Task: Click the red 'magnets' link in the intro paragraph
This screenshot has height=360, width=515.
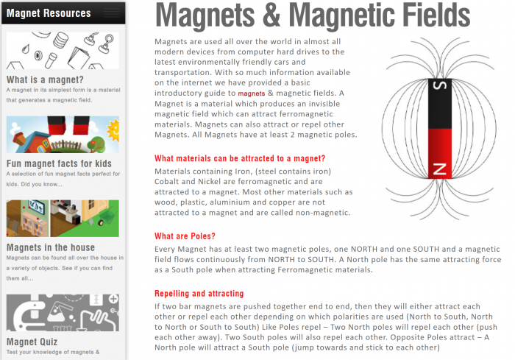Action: click(x=252, y=93)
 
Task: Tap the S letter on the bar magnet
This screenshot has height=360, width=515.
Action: click(x=440, y=85)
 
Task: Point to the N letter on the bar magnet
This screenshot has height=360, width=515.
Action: click(x=440, y=169)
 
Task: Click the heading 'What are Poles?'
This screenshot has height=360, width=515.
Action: click(x=185, y=236)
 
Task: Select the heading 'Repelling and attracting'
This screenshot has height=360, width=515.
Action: click(x=199, y=293)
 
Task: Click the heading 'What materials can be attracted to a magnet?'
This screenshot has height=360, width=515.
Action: click(x=240, y=158)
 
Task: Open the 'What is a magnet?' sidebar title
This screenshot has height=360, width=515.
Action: click(x=45, y=80)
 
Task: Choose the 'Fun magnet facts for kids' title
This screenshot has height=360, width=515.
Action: click(x=59, y=163)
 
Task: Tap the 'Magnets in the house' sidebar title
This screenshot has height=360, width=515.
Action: click(x=51, y=247)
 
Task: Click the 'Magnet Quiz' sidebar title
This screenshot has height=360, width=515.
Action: click(x=32, y=342)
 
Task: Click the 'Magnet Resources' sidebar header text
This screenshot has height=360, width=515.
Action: click(x=49, y=13)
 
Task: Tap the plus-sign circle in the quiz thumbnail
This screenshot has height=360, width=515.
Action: click(x=113, y=299)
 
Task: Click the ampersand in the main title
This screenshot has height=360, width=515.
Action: click(x=271, y=15)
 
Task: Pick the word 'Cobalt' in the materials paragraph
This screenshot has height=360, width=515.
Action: click(x=166, y=182)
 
